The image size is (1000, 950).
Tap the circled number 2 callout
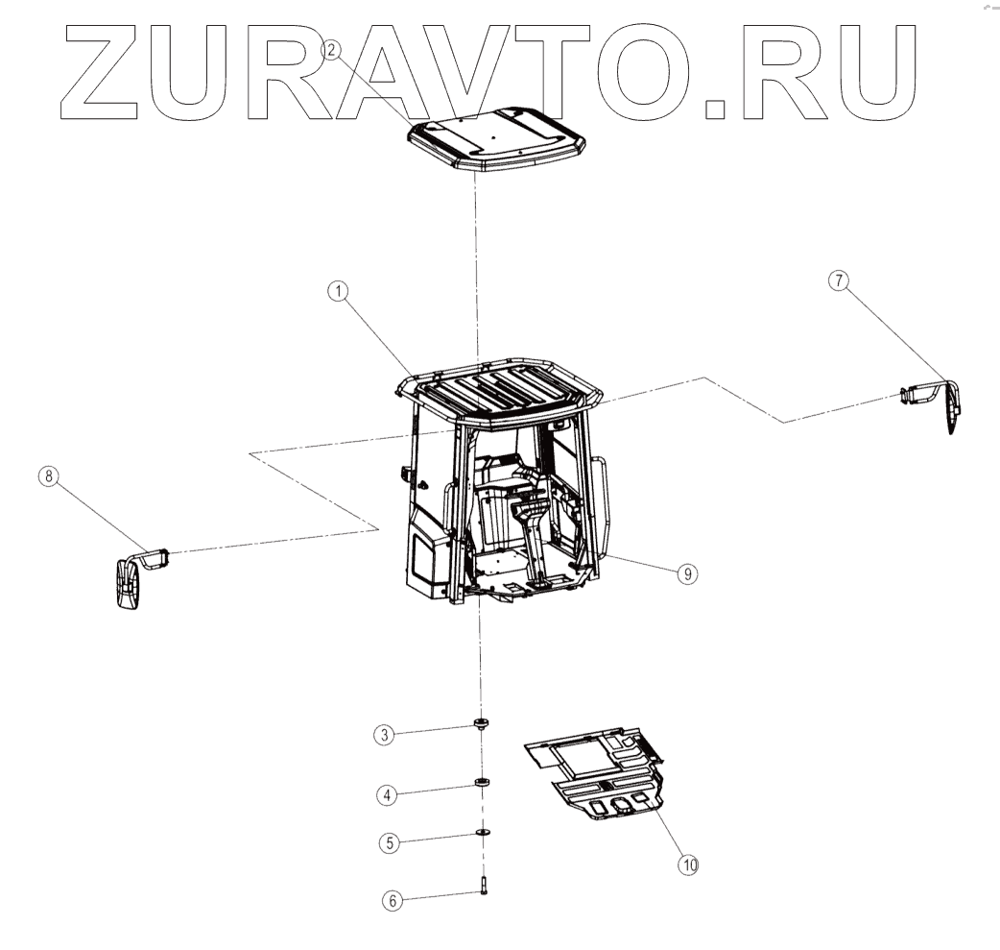point(332,48)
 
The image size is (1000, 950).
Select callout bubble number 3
point(384,735)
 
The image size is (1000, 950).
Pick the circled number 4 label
point(387,794)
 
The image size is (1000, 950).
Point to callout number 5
point(389,842)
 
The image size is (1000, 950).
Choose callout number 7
point(839,280)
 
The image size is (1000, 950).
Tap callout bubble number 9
point(686,573)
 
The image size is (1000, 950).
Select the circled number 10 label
point(688,865)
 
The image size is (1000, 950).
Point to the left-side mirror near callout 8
point(128,583)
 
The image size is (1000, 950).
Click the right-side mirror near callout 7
point(950,406)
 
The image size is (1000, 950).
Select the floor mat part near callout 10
point(598,772)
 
